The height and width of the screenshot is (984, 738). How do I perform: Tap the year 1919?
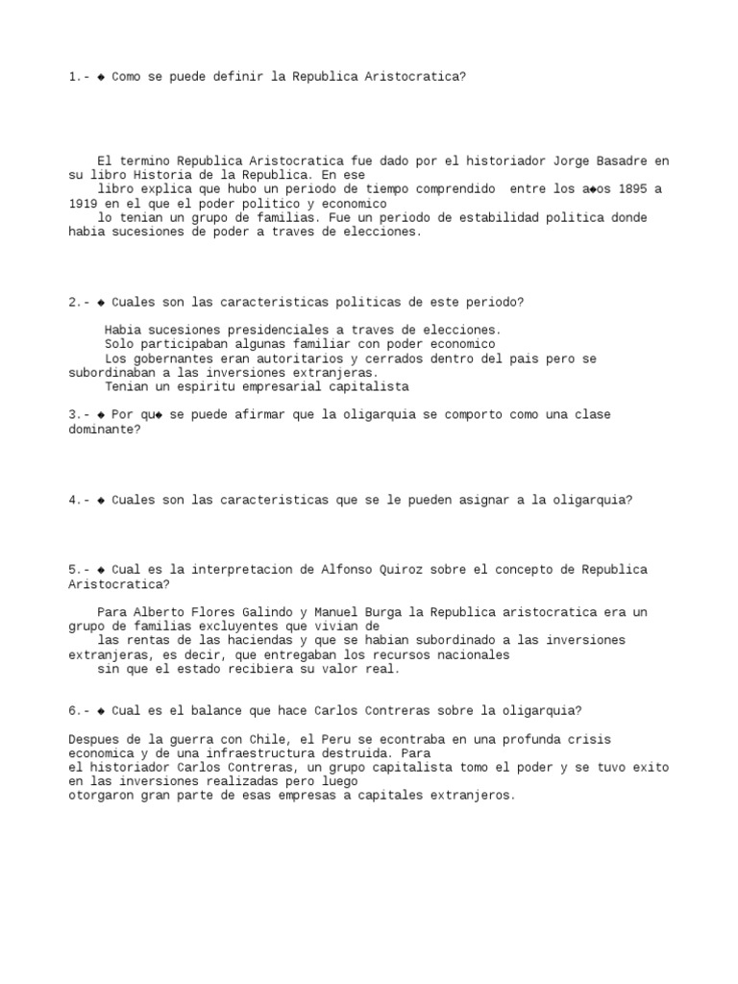[83, 204]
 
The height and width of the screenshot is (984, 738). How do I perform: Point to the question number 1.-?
[79, 76]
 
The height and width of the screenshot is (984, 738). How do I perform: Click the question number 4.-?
[79, 500]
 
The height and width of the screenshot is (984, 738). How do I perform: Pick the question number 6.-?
[79, 711]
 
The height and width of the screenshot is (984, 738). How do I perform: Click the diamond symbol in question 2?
[101, 302]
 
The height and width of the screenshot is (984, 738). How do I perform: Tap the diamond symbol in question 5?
[101, 570]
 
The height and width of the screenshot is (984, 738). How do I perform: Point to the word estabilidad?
[516, 217]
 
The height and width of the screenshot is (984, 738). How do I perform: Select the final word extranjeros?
[474, 796]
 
